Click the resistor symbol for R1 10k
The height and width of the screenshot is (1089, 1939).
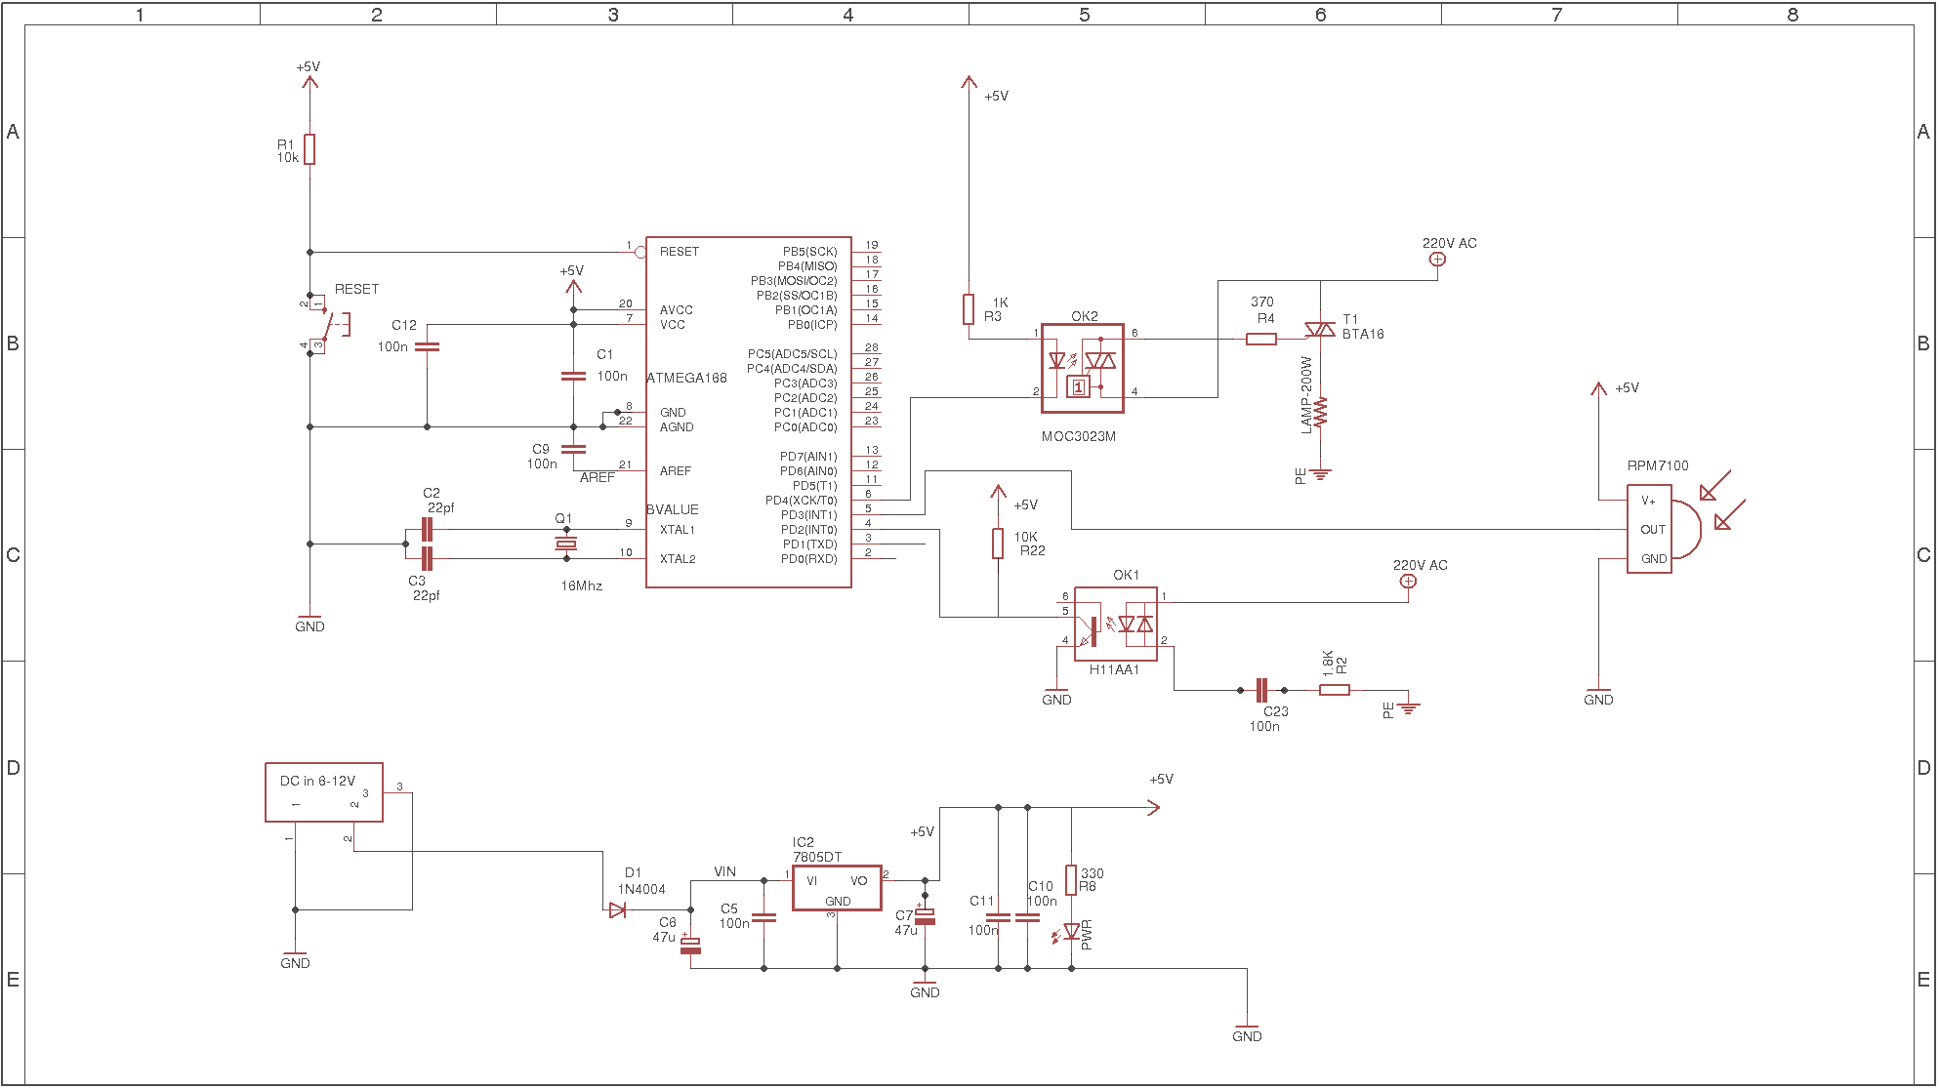(x=309, y=149)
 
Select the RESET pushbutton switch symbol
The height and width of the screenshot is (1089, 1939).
(x=326, y=322)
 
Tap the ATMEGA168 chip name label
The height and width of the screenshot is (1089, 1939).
(x=687, y=378)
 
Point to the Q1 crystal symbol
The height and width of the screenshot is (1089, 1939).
(x=566, y=544)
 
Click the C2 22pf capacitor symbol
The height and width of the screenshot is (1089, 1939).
(x=427, y=529)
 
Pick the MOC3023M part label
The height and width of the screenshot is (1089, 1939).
(x=1079, y=436)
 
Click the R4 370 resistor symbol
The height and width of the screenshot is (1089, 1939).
(x=1261, y=339)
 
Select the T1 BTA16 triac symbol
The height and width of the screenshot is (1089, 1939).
(x=1320, y=330)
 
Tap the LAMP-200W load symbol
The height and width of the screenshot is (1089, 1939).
(x=1320, y=412)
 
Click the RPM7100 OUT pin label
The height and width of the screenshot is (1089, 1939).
(x=1653, y=530)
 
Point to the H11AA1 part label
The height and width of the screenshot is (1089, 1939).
(x=1114, y=669)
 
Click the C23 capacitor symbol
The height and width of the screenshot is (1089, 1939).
(x=1260, y=690)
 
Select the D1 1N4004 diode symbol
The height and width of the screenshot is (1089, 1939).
(x=617, y=909)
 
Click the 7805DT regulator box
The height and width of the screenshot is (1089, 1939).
(x=837, y=888)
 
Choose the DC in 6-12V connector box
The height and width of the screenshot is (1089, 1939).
(x=324, y=792)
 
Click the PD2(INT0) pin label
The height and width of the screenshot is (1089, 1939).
(x=808, y=530)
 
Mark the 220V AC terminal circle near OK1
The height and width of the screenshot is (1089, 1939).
(x=1408, y=581)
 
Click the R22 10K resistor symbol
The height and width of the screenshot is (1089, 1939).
(x=998, y=544)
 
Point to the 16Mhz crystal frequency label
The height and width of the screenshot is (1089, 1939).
(x=582, y=585)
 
